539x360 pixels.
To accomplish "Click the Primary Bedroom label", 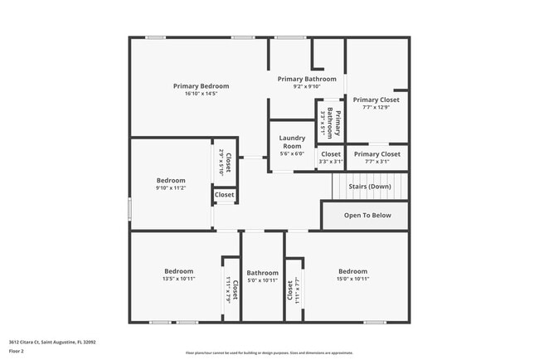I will [x=201, y=85].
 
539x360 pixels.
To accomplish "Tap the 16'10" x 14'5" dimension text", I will [x=201, y=94].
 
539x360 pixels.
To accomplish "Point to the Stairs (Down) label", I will [x=368, y=187].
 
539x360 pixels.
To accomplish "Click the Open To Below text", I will [x=367, y=215].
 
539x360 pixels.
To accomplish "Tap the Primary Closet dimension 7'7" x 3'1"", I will [x=376, y=162].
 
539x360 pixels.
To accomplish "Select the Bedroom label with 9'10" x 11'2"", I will [x=171, y=180].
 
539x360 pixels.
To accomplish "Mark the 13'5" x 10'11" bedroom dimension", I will [x=178, y=280].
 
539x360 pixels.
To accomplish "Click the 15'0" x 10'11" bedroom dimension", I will [x=352, y=280].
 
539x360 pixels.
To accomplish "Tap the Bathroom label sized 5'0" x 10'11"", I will [x=262, y=272].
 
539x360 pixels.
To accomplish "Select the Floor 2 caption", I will [x=17, y=351].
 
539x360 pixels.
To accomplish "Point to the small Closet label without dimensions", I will [x=225, y=196].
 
